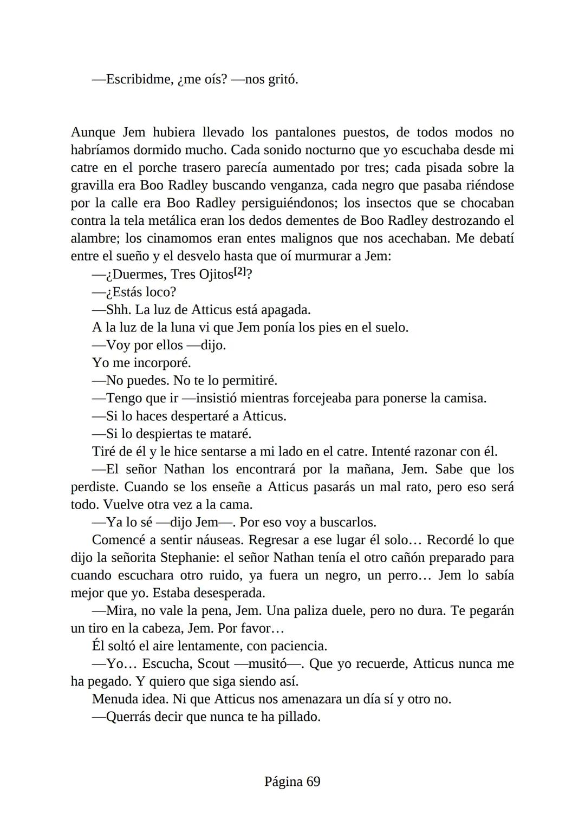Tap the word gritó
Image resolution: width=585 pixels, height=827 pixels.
283,80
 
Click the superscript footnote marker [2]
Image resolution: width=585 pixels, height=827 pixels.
239,272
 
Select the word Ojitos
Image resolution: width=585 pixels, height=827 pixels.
216,275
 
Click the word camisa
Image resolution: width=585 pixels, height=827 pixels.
464,398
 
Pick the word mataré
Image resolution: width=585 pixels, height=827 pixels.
232,434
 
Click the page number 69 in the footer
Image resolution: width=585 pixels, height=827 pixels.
313,782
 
